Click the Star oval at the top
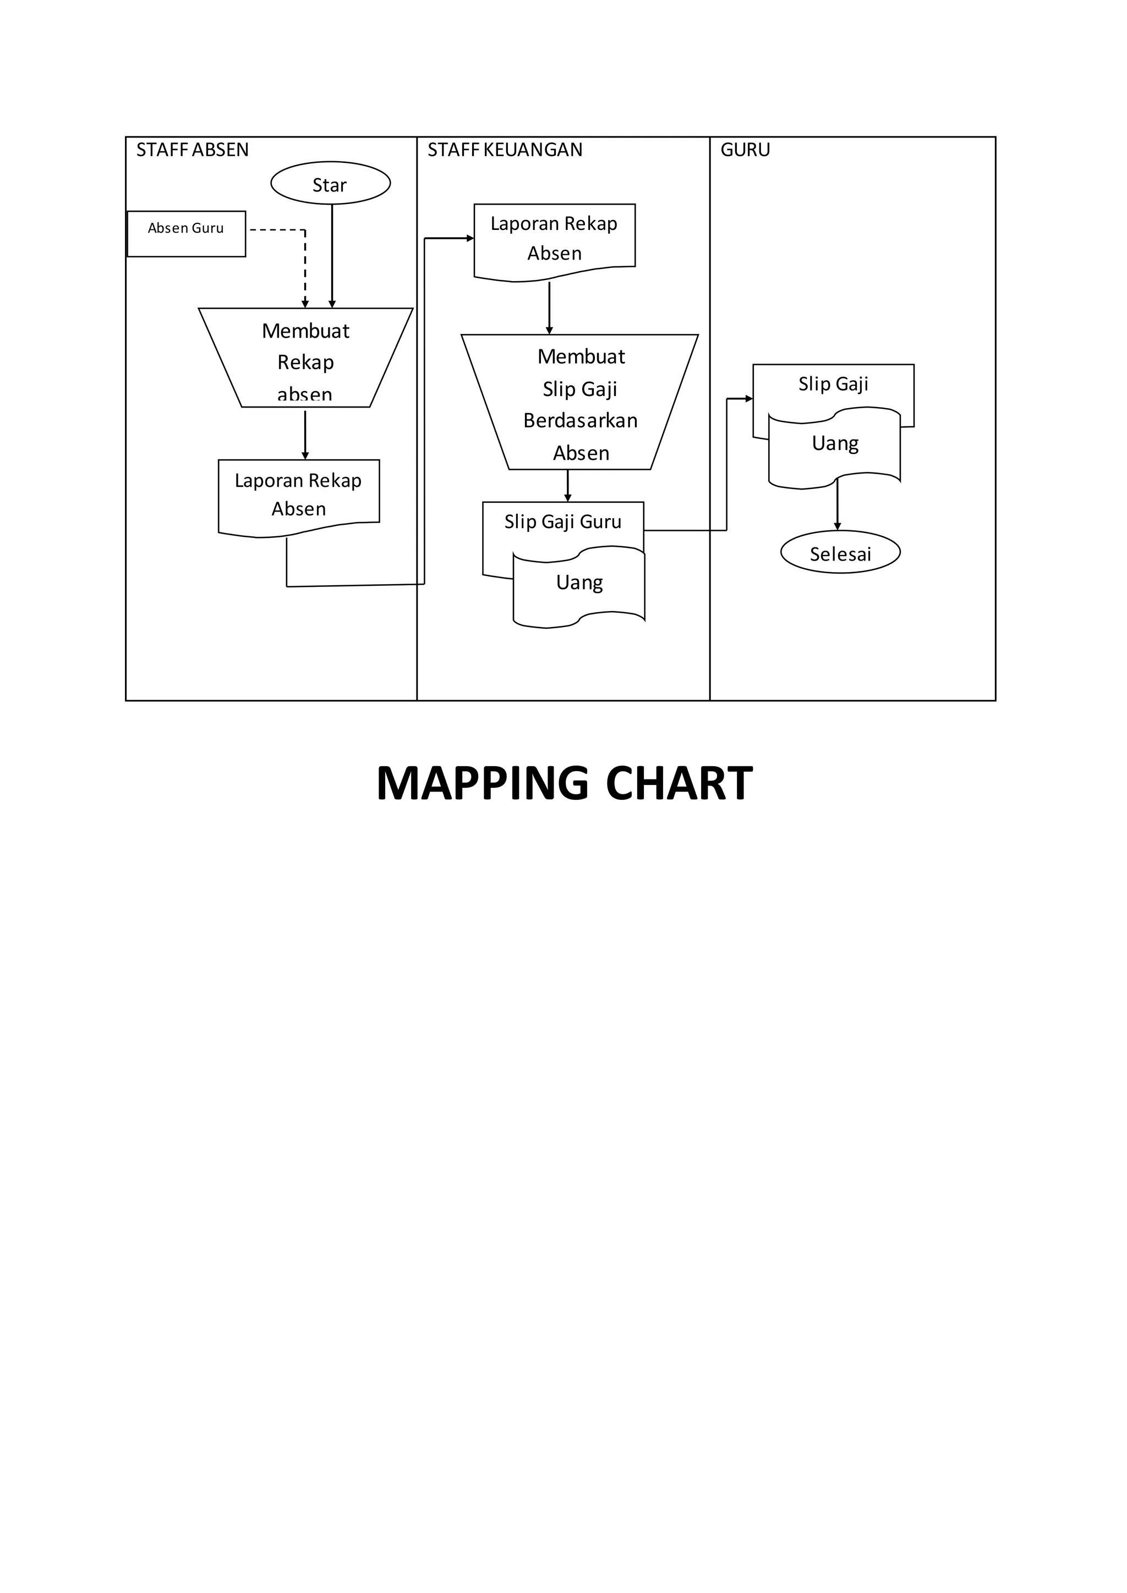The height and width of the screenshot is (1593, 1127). click(330, 184)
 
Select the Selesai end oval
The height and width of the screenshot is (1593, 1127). click(840, 553)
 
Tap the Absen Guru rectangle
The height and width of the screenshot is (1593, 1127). click(186, 234)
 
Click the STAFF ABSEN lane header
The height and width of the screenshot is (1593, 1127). click(192, 150)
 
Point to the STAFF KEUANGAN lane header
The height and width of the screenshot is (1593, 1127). click(505, 150)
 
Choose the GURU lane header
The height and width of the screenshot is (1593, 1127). click(745, 150)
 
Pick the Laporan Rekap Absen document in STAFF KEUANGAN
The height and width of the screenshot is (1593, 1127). click(554, 239)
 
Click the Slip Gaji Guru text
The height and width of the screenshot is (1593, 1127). click(563, 522)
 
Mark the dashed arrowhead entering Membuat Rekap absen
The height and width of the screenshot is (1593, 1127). click(305, 303)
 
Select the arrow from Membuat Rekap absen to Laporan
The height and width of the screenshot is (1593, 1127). click(305, 433)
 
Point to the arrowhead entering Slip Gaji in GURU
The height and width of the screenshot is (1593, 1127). click(749, 399)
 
